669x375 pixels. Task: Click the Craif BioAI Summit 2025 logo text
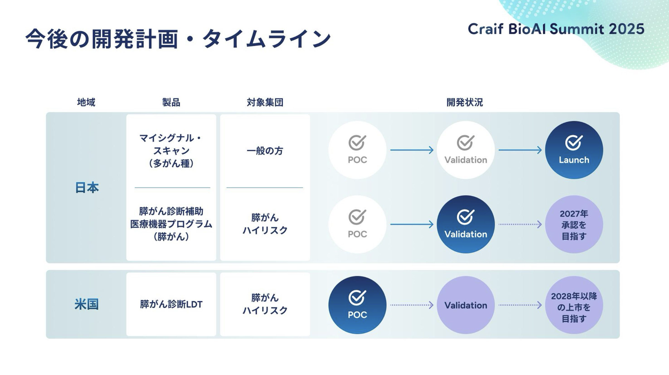tap(556, 29)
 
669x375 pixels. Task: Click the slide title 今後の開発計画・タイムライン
tap(178, 39)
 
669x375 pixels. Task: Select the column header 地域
tap(86, 102)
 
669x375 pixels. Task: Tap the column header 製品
tap(171, 102)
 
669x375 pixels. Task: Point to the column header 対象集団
tap(265, 102)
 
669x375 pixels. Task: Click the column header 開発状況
tap(464, 102)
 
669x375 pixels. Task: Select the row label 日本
tap(87, 188)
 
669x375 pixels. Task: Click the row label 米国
tap(86, 304)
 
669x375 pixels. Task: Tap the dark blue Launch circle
tap(574, 150)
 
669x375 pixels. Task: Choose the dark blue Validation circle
tap(466, 224)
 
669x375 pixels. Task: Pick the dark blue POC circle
tap(357, 305)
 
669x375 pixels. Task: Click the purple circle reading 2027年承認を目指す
tap(574, 224)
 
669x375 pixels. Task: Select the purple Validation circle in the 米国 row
tap(466, 305)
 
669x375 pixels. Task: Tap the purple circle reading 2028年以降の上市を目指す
tap(574, 305)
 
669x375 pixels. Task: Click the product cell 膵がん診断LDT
tap(171, 304)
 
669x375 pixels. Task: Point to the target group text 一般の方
tap(265, 151)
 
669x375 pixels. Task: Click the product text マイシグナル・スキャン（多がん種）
tap(171, 151)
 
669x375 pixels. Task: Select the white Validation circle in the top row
tap(466, 150)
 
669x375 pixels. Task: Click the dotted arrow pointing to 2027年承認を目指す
tap(520, 224)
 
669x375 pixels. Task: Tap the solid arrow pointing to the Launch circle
tap(520, 150)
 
